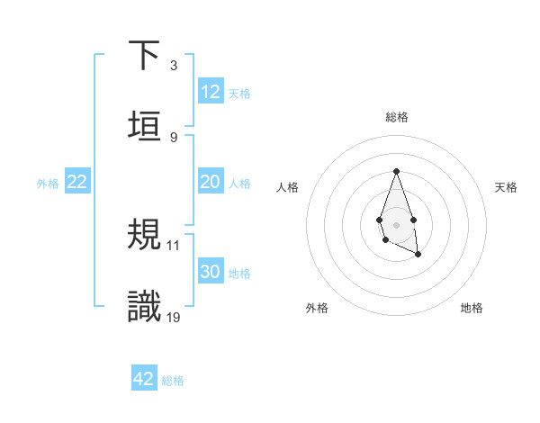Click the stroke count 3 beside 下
click(174, 66)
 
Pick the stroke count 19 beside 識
click(174, 316)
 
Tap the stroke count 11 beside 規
click(174, 245)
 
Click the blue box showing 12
click(211, 92)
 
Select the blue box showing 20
click(211, 182)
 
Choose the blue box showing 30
click(211, 272)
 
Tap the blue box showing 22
click(77, 182)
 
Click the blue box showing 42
click(144, 379)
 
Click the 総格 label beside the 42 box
click(173, 381)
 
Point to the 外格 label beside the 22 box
click(48, 184)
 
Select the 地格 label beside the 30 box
click(239, 274)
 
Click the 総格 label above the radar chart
click(396, 117)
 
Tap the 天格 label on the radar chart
click(506, 187)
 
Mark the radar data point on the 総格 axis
click(396, 171)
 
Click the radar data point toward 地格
click(419, 256)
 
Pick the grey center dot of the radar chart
click(396, 223)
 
